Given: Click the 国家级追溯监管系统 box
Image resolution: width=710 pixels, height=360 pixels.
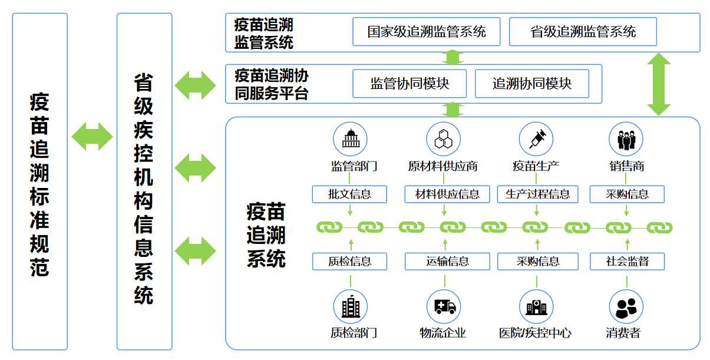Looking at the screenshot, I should point(426,32).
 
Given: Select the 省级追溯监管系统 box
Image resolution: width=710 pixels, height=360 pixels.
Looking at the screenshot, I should point(582,32).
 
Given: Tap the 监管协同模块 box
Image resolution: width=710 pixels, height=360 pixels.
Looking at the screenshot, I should point(410,84).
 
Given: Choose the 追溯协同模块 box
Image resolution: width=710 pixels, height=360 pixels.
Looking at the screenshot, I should point(531,84).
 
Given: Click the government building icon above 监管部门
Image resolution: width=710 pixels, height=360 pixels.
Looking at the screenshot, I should point(350,140).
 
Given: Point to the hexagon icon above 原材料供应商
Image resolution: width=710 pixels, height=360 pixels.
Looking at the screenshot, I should point(443,140).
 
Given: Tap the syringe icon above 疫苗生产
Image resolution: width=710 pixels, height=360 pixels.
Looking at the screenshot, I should point(536,140).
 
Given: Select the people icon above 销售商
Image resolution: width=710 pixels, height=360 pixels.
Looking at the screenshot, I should point(626,140).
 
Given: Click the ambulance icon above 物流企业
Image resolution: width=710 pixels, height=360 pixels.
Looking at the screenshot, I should point(443,306).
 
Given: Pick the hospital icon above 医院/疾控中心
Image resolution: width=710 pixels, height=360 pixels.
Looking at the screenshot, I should point(536,306).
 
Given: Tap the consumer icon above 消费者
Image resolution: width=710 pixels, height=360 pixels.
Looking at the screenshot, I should point(626,306).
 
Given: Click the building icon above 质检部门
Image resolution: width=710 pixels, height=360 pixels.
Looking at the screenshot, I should point(350,306).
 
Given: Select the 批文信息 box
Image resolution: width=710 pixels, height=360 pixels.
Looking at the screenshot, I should point(350,194).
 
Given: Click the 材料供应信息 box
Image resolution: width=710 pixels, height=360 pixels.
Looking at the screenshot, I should point(447,194).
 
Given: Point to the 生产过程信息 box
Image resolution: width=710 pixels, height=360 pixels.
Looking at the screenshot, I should point(538,194).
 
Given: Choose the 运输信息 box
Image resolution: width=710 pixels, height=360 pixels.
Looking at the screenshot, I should point(447,261).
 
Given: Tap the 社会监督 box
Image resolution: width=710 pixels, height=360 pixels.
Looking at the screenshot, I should point(627,261).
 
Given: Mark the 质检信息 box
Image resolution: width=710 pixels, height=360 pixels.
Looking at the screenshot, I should point(350,261).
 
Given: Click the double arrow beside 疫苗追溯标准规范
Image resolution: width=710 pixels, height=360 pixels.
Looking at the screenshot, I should point(92,137).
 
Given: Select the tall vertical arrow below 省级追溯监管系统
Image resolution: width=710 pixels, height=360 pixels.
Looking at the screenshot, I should point(659,84).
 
